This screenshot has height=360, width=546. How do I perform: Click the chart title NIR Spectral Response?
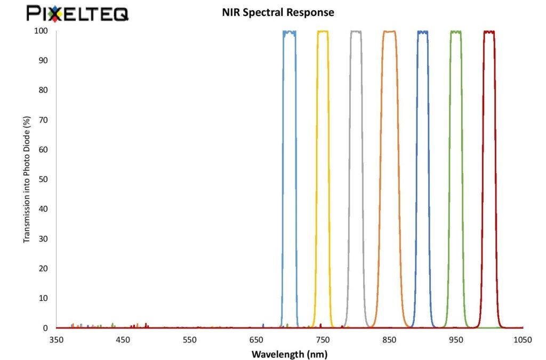pos(278,12)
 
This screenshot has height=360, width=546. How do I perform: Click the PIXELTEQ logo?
pos(77,13)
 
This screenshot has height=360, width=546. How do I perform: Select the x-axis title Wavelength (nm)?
pos(290,354)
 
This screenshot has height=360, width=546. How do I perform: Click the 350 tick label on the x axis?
pos(57,340)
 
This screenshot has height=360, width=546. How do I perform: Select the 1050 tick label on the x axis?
pos(523,340)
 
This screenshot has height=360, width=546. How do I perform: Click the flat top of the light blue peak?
pos(290,32)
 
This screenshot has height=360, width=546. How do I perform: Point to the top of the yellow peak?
pos(323,31)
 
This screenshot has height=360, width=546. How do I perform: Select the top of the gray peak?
pos(356,31)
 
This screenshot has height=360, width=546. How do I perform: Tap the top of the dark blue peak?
pos(422,32)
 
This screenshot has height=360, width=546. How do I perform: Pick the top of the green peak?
pos(456,32)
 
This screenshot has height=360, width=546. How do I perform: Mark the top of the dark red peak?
pos(489,32)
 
